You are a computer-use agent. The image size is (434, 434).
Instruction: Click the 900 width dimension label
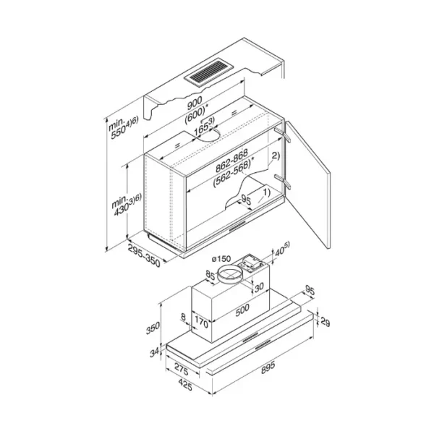(195, 103)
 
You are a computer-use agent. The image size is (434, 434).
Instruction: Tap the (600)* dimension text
(197, 114)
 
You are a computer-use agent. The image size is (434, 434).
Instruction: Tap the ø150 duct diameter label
(221, 259)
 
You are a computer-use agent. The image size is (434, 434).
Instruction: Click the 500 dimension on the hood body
(242, 310)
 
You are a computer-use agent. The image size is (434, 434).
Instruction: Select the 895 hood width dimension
(268, 367)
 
